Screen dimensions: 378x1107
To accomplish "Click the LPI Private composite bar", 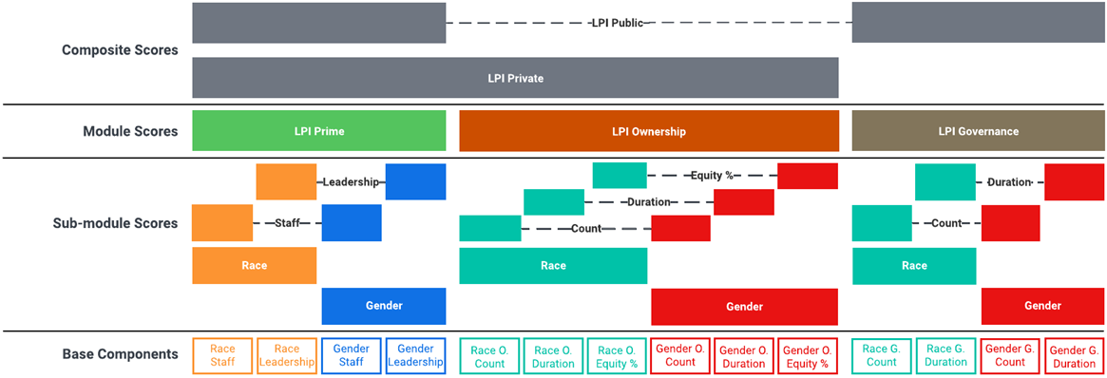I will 515,78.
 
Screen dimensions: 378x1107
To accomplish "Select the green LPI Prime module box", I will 318,131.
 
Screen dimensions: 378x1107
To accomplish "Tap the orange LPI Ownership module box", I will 648,131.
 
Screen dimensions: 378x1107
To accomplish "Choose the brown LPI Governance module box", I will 978,131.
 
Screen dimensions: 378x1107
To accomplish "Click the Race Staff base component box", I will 222,355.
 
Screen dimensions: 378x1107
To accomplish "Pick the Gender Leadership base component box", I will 415,355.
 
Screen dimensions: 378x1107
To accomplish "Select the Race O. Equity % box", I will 617,355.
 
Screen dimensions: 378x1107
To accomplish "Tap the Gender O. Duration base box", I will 744,355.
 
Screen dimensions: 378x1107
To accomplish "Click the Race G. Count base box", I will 881,355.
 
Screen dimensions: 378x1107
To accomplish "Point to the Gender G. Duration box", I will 1075,355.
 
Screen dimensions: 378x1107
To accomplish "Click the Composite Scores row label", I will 120,50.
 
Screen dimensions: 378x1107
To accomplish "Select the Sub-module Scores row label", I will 116,223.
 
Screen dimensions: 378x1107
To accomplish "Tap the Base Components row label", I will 120,354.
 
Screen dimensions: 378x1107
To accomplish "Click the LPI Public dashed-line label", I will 617,23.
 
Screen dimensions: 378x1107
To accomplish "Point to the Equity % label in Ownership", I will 713,176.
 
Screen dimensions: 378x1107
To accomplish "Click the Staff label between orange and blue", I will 287,223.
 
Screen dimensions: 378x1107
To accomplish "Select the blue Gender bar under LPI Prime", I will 384,306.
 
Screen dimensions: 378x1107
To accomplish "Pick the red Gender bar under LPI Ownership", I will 744,307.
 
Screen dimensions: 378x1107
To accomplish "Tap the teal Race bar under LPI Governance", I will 913,266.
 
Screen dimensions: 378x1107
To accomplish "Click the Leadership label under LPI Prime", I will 351,181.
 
